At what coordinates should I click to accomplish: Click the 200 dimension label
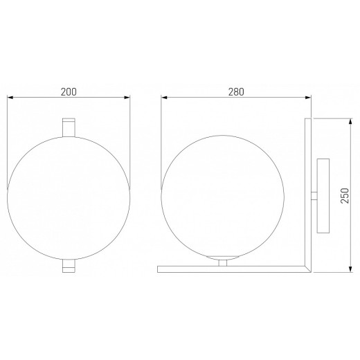(x=68, y=90)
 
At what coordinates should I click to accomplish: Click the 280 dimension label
(x=236, y=90)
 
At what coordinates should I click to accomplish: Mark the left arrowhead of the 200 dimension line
(x=8, y=97)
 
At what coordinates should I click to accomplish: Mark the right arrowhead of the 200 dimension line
(x=129, y=97)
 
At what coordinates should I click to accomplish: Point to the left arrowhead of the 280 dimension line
(x=163, y=97)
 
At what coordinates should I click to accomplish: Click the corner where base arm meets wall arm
(x=309, y=268)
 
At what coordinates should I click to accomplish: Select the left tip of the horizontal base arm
(x=161, y=268)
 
